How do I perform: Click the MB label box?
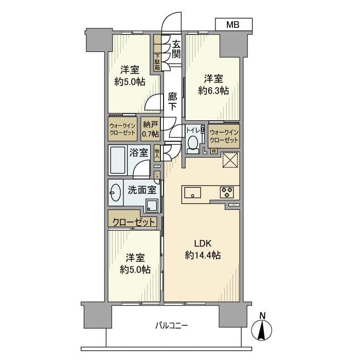[x=233, y=24]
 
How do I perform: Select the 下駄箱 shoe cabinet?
[x=157, y=62]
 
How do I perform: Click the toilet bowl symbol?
[x=193, y=142]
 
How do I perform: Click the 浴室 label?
[x=139, y=152]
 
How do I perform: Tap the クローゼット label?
[x=134, y=222]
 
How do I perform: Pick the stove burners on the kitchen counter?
[x=226, y=193]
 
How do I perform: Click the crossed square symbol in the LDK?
[x=230, y=160]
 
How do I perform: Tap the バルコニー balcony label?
[x=172, y=325]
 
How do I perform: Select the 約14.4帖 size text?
[x=203, y=255]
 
